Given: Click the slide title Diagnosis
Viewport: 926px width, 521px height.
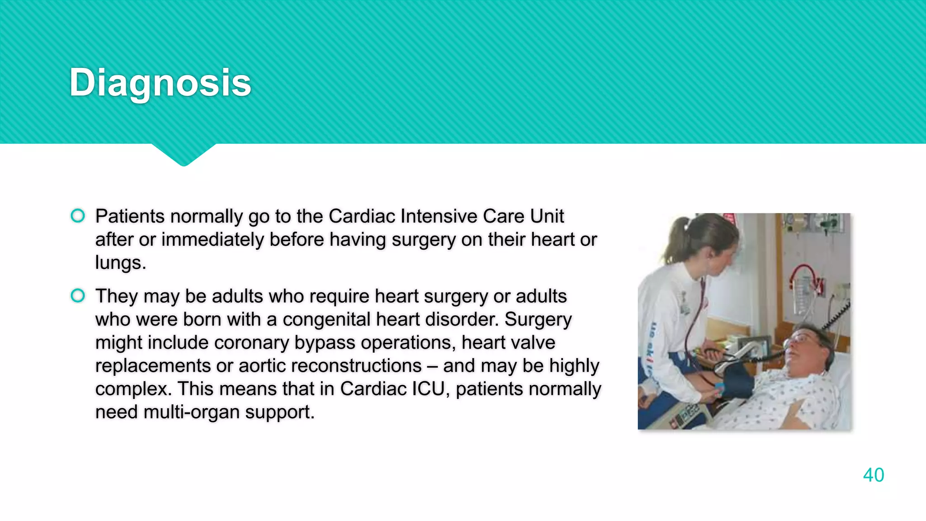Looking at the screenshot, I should [x=160, y=82].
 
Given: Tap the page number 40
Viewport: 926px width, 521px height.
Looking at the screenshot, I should [x=873, y=475].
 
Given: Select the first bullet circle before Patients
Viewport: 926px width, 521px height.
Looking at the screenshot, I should [x=78, y=216].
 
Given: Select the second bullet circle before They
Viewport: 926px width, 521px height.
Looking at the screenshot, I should [x=78, y=296].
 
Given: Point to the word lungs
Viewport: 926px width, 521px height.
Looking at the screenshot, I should [x=120, y=263].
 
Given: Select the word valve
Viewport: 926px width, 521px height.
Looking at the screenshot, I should [x=531, y=342].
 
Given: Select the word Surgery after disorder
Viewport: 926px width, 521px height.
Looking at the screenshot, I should [x=538, y=319].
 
